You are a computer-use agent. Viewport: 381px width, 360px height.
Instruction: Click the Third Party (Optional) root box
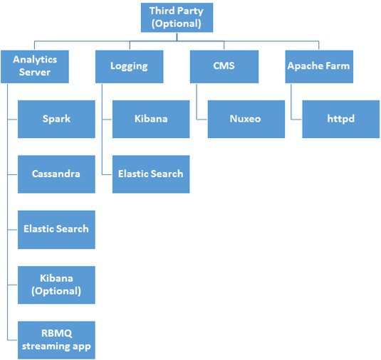(x=177, y=18)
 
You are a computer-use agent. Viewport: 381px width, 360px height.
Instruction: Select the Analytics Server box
(x=35, y=66)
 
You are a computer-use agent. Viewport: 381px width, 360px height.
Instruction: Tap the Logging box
(x=130, y=66)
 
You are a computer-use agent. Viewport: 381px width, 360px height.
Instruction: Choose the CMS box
(x=224, y=66)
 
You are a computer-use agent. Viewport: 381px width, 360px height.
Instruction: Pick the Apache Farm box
(x=319, y=66)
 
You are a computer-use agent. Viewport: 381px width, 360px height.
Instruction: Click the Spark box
(x=56, y=120)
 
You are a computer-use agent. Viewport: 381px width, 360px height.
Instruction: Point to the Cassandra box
(x=56, y=174)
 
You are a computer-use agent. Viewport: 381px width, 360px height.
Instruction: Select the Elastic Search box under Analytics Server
(x=56, y=230)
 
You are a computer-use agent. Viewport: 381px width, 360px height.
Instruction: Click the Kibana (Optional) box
(x=56, y=285)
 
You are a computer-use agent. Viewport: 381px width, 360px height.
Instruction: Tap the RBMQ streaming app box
(x=56, y=340)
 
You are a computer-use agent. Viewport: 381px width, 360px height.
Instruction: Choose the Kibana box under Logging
(x=151, y=120)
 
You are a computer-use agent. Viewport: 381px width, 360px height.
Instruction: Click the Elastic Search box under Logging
(x=151, y=174)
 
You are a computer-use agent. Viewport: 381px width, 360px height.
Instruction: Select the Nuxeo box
(x=246, y=120)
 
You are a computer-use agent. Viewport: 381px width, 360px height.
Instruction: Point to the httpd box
(x=341, y=120)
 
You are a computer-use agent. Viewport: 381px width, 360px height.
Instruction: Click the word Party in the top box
(x=191, y=11)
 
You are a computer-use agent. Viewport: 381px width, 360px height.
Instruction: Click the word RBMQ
(x=56, y=333)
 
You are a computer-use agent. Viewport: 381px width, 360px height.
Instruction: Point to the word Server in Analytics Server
(x=35, y=72)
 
